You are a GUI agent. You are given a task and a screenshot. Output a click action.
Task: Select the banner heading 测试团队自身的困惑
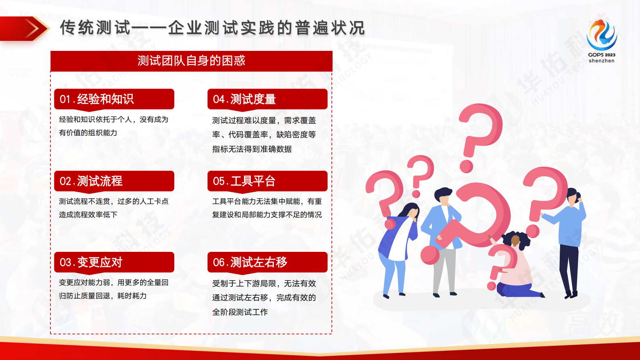pyautogui.click(x=191, y=61)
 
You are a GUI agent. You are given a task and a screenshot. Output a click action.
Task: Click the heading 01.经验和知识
pyautogui.click(x=97, y=99)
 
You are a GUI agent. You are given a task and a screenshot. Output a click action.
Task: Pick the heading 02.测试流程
pyautogui.click(x=91, y=181)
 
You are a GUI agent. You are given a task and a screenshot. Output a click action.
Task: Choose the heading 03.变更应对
pyautogui.click(x=91, y=262)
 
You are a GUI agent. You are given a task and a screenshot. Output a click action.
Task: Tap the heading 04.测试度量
pyautogui.click(x=244, y=99)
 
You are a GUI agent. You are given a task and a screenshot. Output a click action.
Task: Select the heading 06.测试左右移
pyautogui.click(x=250, y=262)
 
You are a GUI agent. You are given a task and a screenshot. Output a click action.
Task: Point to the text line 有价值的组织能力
pyautogui.click(x=88, y=133)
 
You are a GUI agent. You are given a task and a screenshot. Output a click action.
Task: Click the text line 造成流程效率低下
pyautogui.click(x=88, y=215)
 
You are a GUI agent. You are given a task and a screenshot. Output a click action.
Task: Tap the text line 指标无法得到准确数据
pyautogui.click(x=252, y=149)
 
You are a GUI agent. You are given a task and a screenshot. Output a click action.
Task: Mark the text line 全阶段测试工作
pyautogui.click(x=240, y=312)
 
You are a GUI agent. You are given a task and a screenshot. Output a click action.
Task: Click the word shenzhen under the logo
pyautogui.click(x=601, y=61)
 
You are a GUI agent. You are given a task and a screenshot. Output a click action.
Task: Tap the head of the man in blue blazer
pyautogui.click(x=444, y=197)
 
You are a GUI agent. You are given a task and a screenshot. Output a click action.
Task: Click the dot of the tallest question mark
pyautogui.click(x=466, y=166)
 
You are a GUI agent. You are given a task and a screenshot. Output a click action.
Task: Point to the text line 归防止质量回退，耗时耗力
pyautogui.click(x=103, y=296)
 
